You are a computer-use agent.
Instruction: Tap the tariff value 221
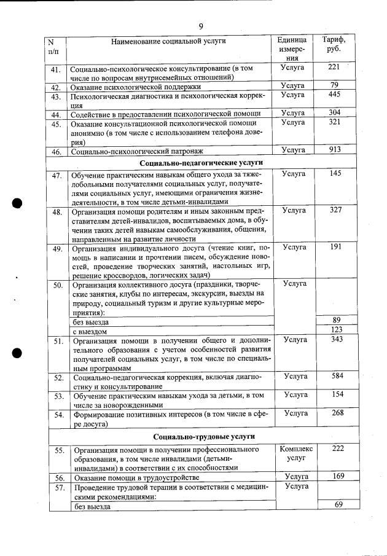click(x=334, y=67)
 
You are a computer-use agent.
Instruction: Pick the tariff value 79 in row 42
click(x=334, y=85)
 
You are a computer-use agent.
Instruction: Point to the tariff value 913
click(x=334, y=149)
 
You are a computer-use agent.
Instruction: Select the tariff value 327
click(x=335, y=210)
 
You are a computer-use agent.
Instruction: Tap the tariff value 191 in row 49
click(x=335, y=246)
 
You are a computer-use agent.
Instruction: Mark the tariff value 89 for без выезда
click(x=336, y=319)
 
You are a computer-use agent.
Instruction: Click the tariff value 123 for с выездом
click(x=336, y=331)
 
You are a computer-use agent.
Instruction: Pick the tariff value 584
click(x=335, y=375)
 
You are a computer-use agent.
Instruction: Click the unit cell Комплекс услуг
click(x=295, y=454)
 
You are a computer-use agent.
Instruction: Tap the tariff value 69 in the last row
click(x=337, y=504)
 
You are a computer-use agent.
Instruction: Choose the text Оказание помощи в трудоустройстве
click(x=136, y=477)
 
